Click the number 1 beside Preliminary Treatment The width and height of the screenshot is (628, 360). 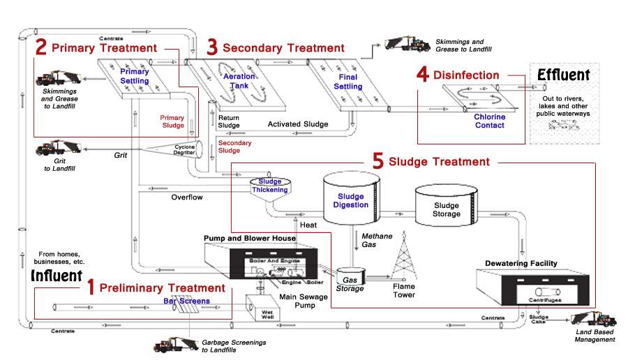[90, 287]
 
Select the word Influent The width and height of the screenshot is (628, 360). [57, 276]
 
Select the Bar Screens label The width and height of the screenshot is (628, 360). [186, 301]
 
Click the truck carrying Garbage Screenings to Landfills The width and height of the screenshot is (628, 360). [177, 344]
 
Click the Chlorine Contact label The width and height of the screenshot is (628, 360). [489, 121]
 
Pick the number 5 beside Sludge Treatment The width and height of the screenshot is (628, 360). [377, 161]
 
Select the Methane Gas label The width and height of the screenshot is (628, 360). [377, 241]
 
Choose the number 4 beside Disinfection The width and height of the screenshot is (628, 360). [422, 75]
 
